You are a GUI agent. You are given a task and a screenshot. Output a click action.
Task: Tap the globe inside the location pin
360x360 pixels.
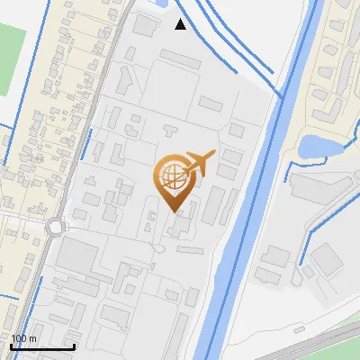[174, 177]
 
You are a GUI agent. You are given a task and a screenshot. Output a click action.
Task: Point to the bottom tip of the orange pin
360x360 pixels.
[175, 211]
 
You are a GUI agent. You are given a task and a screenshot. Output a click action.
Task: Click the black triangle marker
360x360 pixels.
[181, 24]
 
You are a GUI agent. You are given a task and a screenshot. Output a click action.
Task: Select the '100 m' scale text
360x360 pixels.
[24, 338]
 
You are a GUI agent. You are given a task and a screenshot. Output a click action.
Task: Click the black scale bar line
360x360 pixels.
[42, 346]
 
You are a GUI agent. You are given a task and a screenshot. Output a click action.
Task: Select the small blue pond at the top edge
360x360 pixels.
[164, 3]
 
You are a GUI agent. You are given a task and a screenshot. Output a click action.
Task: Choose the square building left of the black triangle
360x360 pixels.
[145, 24]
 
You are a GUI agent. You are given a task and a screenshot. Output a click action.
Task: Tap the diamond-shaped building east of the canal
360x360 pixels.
[328, 259]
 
